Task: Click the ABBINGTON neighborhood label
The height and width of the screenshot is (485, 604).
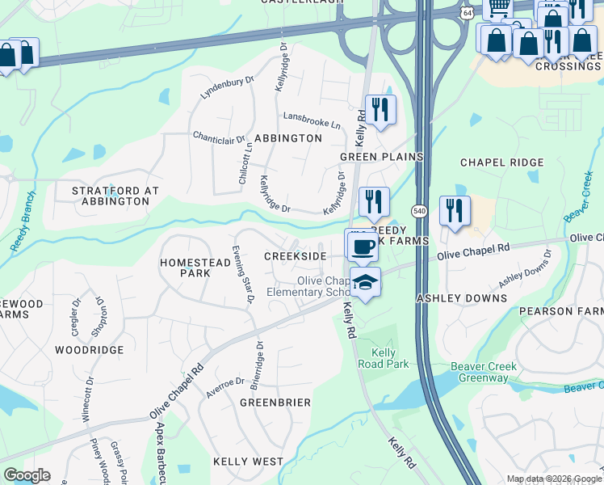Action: (288, 138)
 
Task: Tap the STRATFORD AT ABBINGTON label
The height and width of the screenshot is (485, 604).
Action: (115, 196)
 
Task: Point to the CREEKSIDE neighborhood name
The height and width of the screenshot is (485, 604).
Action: (296, 256)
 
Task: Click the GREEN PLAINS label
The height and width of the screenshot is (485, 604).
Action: (382, 156)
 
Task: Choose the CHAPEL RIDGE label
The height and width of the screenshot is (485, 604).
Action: (501, 162)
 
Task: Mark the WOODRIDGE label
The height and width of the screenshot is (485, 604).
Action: (89, 350)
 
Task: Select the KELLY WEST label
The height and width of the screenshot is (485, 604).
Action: (248, 461)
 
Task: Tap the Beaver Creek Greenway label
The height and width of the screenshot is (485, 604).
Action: (484, 372)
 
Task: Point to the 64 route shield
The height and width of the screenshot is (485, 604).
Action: (468, 14)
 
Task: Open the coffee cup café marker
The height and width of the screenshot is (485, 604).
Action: (362, 245)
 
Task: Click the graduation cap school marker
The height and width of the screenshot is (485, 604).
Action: (365, 283)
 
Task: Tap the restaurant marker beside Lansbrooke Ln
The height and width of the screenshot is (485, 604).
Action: (380, 109)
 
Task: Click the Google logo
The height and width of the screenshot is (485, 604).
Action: (27, 475)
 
